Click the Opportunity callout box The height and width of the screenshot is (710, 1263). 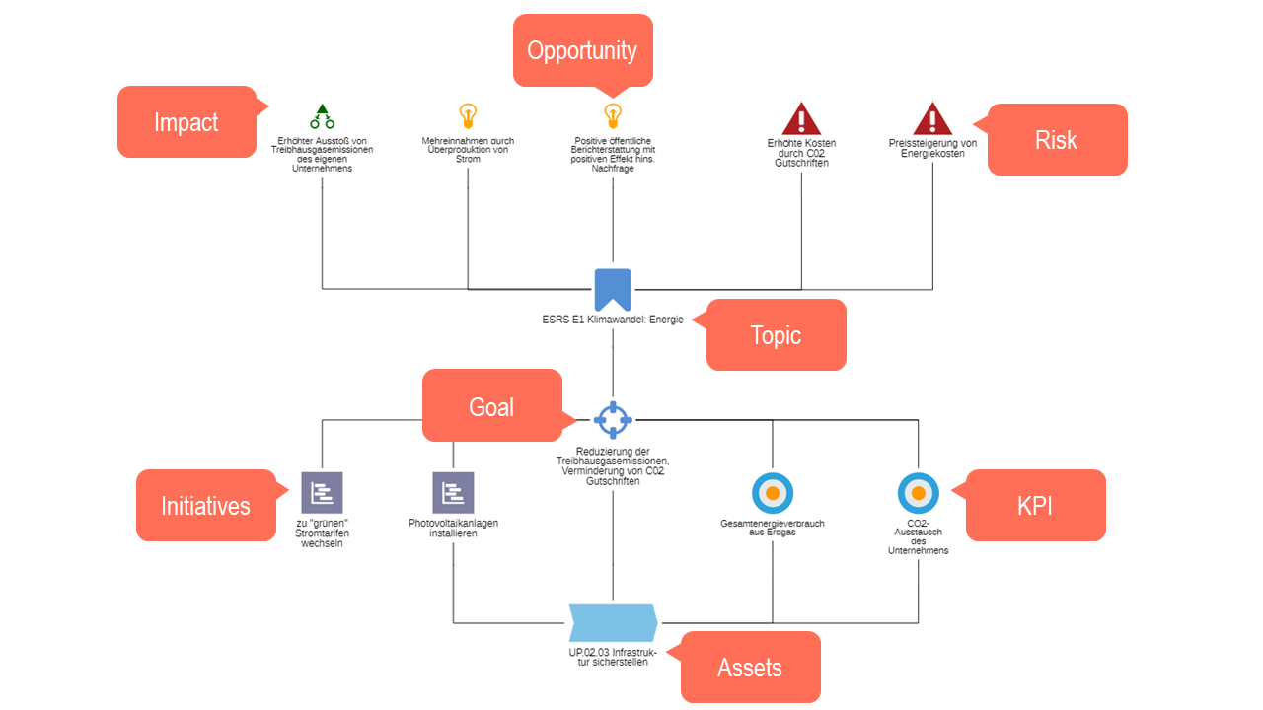[582, 50]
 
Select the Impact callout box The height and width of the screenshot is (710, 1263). [187, 121]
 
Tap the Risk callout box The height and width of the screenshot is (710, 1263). [1057, 139]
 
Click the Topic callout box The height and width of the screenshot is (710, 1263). [776, 334]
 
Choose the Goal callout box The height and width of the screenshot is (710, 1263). [492, 405]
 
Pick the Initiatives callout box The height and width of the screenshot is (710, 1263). [206, 506]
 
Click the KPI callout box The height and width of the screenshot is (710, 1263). [1035, 506]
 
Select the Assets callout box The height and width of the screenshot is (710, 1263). [750, 668]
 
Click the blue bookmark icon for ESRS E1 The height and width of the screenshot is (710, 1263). [613, 290]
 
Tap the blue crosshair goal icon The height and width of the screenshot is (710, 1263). [613, 420]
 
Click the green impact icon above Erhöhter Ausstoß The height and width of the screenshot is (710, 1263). [322, 116]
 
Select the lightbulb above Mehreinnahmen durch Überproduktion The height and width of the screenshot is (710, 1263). [468, 116]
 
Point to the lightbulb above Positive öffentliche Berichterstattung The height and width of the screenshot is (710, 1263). [613, 116]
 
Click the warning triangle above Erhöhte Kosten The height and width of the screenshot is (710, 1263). [801, 118]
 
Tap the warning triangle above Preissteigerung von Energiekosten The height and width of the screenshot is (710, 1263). [932, 118]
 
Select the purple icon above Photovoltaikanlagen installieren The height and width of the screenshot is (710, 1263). [453, 493]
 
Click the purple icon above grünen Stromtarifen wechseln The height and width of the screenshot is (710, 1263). [322, 493]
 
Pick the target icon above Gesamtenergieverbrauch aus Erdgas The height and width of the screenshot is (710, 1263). [773, 494]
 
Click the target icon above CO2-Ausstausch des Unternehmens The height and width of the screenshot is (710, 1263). [919, 494]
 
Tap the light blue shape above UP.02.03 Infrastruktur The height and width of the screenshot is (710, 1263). [613, 623]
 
